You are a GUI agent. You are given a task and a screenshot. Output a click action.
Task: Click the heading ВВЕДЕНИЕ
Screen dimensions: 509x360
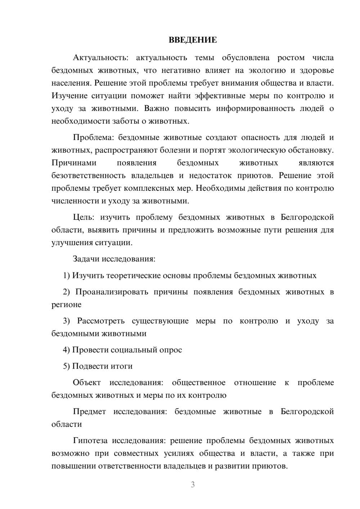pyautogui.click(x=193, y=40)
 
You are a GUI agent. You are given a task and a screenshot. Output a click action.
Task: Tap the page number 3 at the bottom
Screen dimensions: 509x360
pyautogui.click(x=193, y=485)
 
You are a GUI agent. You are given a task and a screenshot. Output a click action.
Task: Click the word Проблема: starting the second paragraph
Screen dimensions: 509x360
pyautogui.click(x=94, y=137)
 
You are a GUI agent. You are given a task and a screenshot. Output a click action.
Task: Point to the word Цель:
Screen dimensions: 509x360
pyautogui.click(x=84, y=217)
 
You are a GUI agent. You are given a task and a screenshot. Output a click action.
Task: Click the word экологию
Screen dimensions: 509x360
pyautogui.click(x=268, y=70)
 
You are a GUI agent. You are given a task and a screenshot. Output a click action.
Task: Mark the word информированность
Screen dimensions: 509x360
pyautogui.click(x=255, y=108)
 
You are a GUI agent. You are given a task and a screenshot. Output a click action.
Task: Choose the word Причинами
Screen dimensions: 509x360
pyautogui.click(x=74, y=163)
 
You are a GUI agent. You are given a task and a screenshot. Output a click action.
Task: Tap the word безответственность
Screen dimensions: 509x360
pyautogui.click(x=89, y=175)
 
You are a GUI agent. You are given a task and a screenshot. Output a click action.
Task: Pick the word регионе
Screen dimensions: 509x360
pyautogui.click(x=67, y=305)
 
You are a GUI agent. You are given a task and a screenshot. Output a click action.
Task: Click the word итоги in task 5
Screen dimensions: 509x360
pyautogui.click(x=121, y=366)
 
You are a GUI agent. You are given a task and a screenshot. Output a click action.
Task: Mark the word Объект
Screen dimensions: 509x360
pyautogui.click(x=87, y=382)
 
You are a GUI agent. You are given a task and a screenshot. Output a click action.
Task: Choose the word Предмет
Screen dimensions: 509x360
pyautogui.click(x=89, y=411)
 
